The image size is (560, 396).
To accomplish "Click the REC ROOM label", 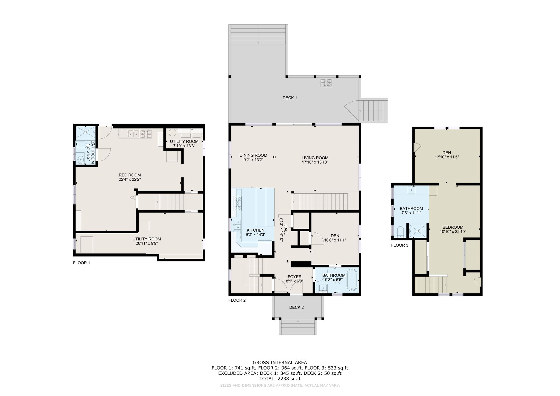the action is click(130, 175).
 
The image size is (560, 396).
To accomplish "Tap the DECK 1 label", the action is click(290, 98).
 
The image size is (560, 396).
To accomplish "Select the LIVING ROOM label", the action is click(315, 158).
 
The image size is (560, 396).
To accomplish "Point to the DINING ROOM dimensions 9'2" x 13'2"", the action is click(253, 160).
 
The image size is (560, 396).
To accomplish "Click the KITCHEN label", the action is click(255, 230).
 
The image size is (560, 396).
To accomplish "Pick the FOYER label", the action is click(294, 277).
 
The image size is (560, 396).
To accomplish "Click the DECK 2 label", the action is click(296, 307).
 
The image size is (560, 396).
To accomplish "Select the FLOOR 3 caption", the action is click(399, 245).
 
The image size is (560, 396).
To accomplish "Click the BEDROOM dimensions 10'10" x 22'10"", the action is click(453, 232).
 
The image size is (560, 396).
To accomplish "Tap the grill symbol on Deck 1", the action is click(326, 83).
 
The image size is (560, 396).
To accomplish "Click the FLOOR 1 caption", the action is click(81, 263).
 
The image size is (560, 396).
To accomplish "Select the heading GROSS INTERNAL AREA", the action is click(280, 363).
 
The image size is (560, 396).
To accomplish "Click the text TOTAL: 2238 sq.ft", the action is click(280, 379).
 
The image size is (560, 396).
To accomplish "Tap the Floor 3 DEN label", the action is click(447, 153).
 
